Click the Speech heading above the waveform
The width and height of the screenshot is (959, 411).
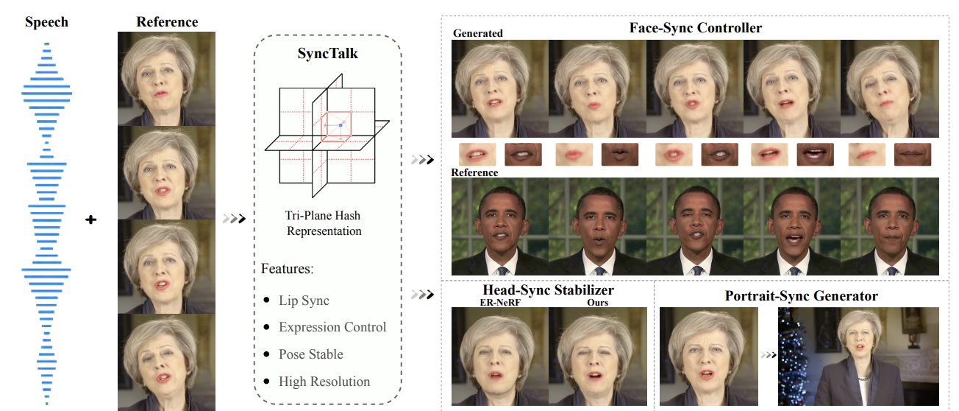[47, 22]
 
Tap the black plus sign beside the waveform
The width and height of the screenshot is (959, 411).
[91, 219]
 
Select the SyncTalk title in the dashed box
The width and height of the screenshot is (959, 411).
[328, 54]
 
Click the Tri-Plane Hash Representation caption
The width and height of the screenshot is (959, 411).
[324, 223]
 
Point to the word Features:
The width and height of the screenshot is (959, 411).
[288, 269]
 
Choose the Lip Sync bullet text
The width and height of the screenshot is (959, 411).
[304, 301]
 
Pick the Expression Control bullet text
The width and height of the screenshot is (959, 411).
[332, 327]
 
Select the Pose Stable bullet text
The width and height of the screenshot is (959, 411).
[310, 354]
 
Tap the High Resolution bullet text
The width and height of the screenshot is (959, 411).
[324, 382]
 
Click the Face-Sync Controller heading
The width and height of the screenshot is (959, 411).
[696, 28]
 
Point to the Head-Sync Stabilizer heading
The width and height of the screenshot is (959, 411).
[548, 290]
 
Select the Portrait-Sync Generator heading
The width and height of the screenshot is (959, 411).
[802, 296]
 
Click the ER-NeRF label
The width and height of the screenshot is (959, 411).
[500, 303]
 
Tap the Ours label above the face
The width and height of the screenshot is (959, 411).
[597, 303]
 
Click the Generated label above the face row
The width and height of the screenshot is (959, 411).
[478, 33]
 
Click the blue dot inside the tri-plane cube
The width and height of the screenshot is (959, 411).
[341, 126]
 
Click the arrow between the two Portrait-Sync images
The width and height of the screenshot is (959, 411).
[768, 355]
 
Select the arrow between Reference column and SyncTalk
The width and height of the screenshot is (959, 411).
[232, 218]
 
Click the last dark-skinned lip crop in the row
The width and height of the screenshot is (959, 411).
[913, 155]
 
